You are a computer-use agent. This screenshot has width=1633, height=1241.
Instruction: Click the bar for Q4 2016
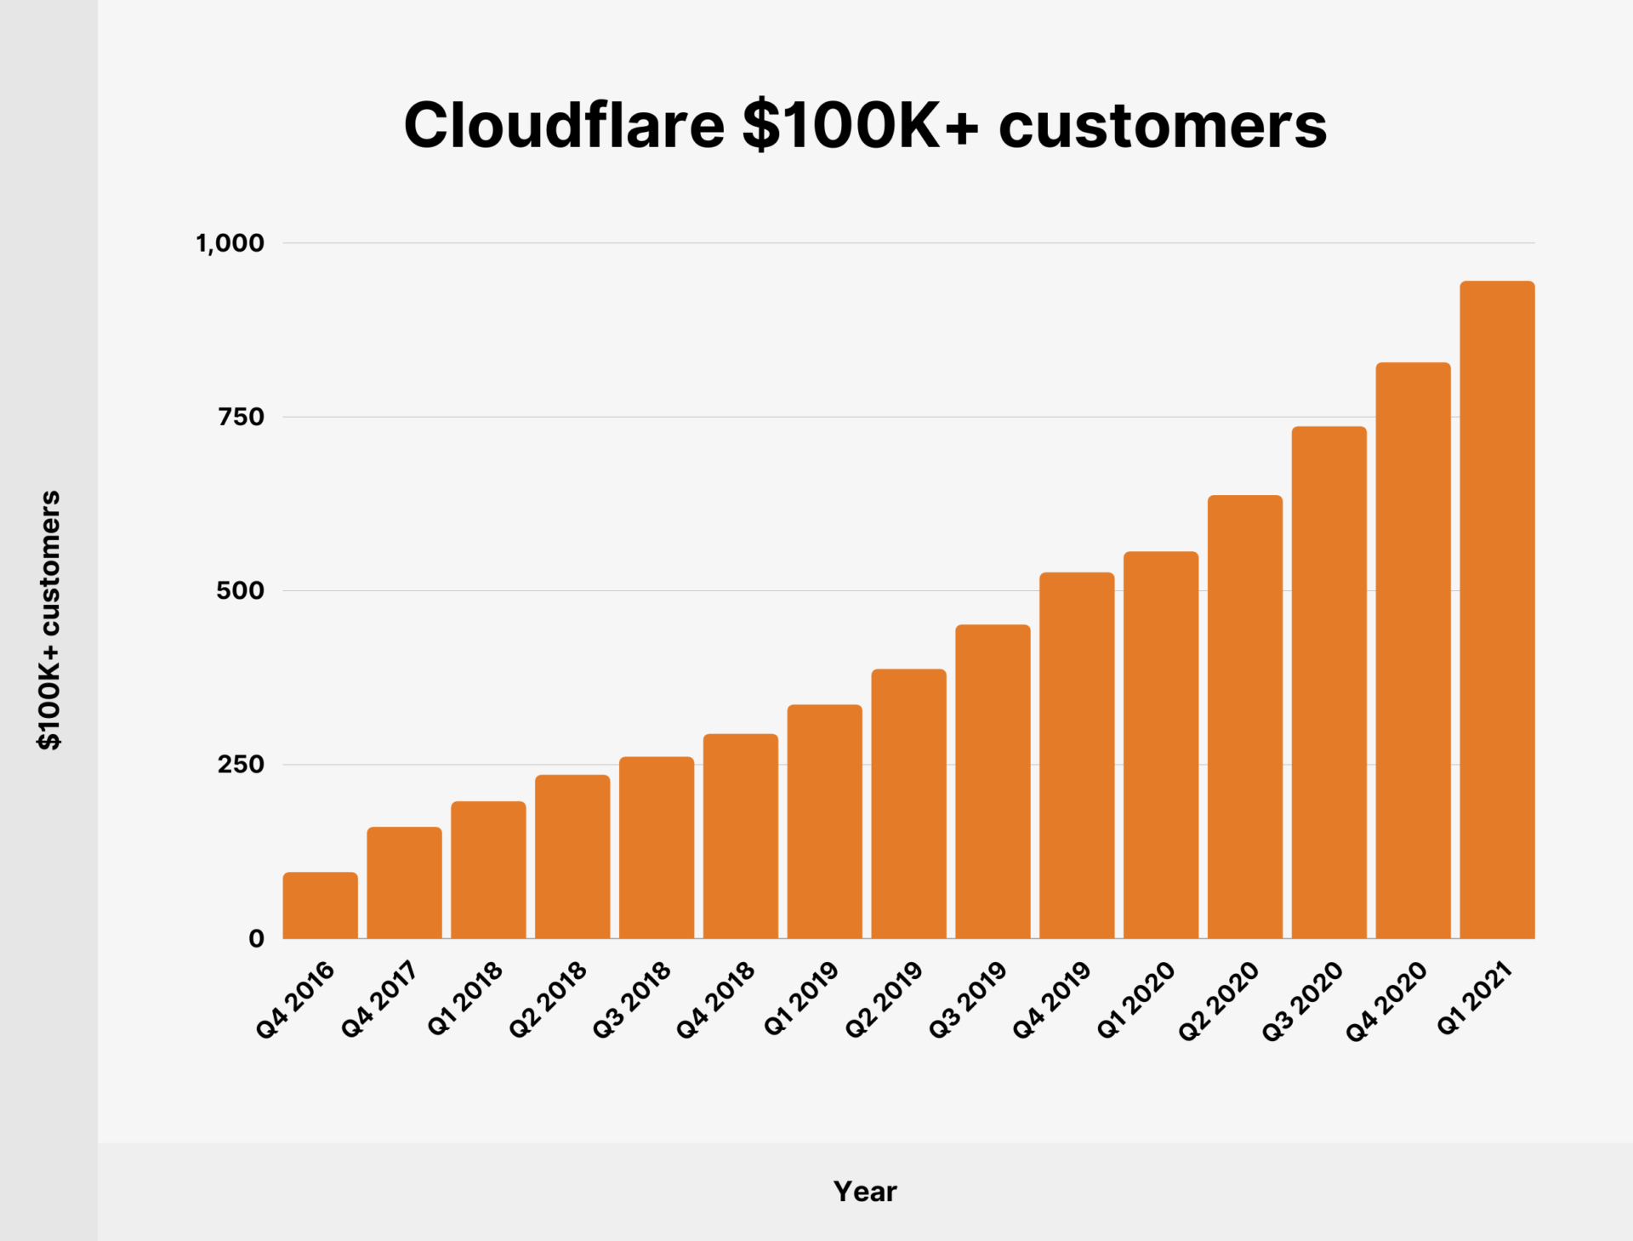click(x=320, y=905)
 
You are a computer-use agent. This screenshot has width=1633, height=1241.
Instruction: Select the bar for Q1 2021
click(x=1497, y=609)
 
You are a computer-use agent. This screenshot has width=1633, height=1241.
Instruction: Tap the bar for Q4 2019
click(x=1077, y=755)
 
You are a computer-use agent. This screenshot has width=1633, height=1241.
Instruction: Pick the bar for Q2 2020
click(x=1245, y=716)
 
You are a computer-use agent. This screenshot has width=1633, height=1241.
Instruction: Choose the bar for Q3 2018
click(x=657, y=847)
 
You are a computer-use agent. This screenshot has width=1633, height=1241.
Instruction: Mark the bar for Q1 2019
click(x=824, y=821)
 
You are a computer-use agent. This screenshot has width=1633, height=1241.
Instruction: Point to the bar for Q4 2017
click(x=404, y=882)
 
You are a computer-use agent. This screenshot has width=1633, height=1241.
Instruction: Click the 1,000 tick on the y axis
click(x=230, y=243)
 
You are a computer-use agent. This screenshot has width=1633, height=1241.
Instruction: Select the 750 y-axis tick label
click(x=242, y=417)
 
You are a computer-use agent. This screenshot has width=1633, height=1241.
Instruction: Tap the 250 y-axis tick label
click(x=242, y=765)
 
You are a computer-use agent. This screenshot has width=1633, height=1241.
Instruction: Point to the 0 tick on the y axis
click(x=256, y=938)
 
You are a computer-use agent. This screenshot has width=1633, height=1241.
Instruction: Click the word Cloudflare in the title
click(x=564, y=125)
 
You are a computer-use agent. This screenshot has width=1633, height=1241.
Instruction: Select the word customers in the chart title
click(x=1163, y=125)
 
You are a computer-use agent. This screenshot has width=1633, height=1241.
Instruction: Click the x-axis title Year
click(x=865, y=1192)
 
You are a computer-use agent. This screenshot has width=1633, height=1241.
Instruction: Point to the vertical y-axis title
click(x=49, y=619)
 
